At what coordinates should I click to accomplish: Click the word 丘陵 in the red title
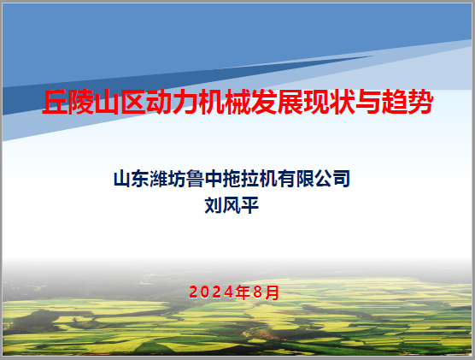tap(67, 102)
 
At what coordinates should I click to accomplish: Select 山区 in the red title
tap(120, 102)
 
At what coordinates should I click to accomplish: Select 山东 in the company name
tap(132, 179)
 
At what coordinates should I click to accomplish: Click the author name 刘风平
tap(232, 205)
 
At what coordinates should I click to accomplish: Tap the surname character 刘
tap(214, 205)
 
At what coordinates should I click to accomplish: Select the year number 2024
tap(212, 292)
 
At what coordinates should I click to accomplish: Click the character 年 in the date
tap(243, 292)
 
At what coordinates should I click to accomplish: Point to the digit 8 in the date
tap(257, 292)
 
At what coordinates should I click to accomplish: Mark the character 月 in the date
tap(272, 292)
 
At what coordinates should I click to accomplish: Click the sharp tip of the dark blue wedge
tap(373, 56)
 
